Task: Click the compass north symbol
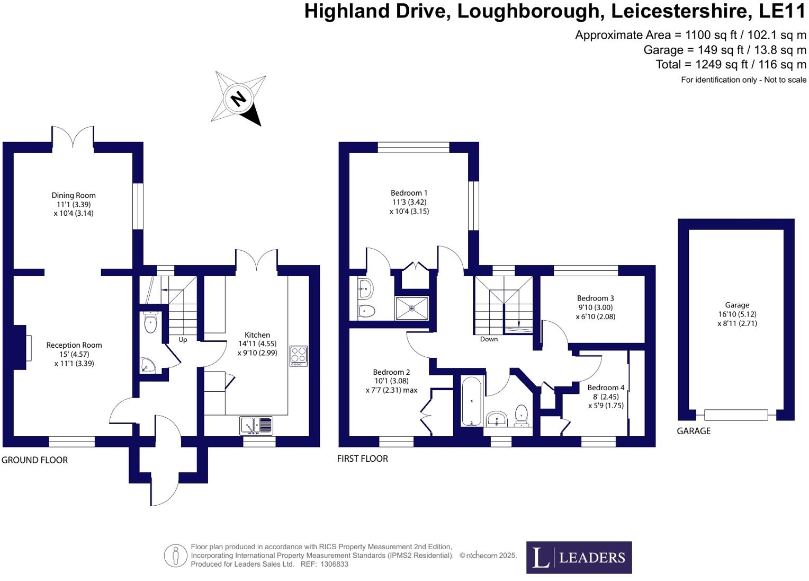(239, 99)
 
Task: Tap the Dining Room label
(74, 196)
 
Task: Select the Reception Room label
(74, 345)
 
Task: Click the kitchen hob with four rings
(299, 356)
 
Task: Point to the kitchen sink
(256, 425)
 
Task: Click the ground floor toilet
(150, 323)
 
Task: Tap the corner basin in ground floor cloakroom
(147, 365)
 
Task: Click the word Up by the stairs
(183, 340)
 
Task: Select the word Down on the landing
(489, 339)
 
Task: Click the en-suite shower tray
(412, 308)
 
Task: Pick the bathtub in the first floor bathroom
(471, 401)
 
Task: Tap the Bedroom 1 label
(409, 193)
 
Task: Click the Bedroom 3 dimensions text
(596, 312)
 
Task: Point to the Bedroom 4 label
(606, 388)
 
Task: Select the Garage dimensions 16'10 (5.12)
(737, 314)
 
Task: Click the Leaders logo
(579, 557)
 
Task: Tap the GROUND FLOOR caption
(35, 460)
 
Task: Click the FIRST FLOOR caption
(363, 459)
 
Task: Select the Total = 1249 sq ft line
(731, 65)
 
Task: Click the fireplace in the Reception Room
(21, 348)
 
